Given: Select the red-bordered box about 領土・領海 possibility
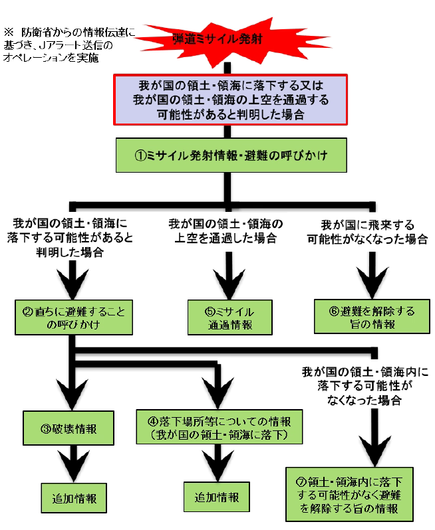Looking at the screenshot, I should [229, 100].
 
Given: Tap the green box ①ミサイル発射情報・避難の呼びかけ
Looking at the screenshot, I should [229, 157].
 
